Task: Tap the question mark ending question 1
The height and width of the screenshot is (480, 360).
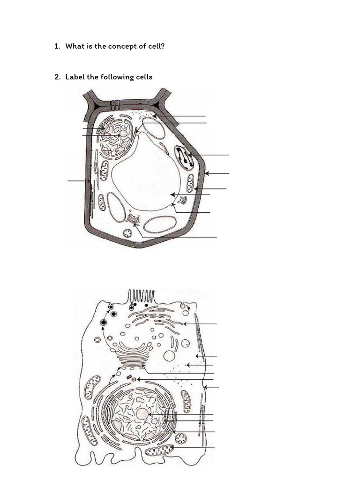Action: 163,46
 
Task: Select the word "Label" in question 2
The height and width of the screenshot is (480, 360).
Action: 75,77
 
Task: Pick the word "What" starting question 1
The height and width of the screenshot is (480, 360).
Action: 75,46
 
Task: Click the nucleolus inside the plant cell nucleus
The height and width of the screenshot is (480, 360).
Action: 123,134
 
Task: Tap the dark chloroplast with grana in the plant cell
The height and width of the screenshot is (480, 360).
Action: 184,157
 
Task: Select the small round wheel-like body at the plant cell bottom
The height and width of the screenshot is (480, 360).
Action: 127,233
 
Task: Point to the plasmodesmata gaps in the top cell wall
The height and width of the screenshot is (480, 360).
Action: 114,105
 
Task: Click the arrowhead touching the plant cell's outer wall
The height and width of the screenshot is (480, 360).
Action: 206,173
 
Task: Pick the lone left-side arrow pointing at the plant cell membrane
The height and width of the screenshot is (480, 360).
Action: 79,180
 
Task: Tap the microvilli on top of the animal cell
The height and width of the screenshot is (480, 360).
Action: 142,296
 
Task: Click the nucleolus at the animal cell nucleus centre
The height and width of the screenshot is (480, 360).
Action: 142,414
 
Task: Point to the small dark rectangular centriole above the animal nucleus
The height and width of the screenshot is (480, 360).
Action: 128,377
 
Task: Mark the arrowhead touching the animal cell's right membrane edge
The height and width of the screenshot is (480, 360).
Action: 206,387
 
